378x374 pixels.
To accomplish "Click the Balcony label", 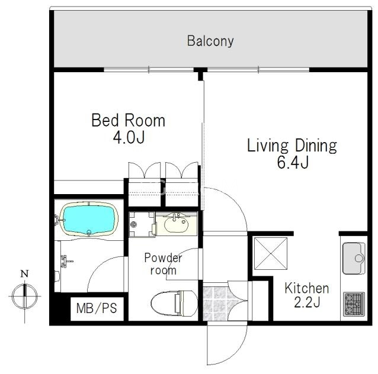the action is point(210,41).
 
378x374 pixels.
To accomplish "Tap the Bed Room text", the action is point(128,120).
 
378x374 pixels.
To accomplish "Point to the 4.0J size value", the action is point(129,137).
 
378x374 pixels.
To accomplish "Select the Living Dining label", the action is point(292,146).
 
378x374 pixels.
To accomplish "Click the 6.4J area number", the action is point(293,162).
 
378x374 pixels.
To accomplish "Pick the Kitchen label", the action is point(307,288).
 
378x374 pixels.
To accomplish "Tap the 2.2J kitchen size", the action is point(307,302).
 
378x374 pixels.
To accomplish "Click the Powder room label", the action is point(163,264).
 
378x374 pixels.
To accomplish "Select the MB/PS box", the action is point(97,309).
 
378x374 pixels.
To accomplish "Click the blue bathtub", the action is point(89,220).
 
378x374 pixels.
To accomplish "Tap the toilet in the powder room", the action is point(174,303).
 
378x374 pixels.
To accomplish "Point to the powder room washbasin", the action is point(176,223).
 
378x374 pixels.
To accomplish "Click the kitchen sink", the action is point(354,259).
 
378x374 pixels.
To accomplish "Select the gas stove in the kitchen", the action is point(354,304).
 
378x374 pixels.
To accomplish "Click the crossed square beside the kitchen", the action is point(271,254).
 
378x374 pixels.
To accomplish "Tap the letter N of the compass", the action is point(25,273).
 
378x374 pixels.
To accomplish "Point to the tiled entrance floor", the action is point(216,303).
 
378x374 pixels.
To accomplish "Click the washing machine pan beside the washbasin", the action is point(142,224).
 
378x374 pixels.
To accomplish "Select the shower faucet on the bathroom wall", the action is point(66,262).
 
